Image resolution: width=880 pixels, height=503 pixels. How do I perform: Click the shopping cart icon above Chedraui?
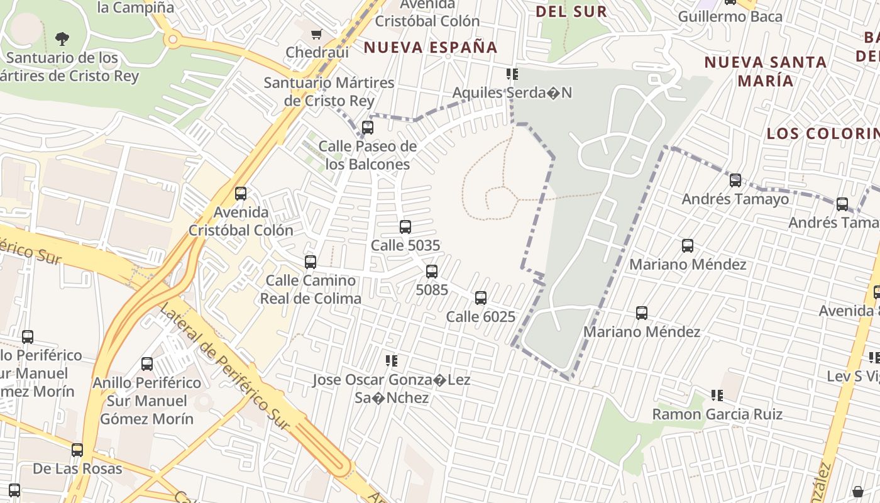coord(317,34)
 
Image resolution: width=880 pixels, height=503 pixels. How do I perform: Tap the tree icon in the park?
coord(62,39)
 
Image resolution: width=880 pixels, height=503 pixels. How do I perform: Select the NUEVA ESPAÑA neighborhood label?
coord(431,47)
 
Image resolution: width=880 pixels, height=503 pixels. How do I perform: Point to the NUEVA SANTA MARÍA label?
coord(765,71)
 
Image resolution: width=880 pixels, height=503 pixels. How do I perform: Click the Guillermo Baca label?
coord(730,16)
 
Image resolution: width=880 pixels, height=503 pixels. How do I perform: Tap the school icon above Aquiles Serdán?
coord(512,75)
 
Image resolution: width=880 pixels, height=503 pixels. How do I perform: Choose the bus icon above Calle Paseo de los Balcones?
coord(368,128)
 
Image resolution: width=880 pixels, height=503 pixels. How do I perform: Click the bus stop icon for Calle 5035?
coord(405,227)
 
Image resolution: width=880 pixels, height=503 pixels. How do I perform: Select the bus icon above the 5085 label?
coord(432,272)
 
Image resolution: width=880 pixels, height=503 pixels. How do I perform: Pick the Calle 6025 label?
coord(480,317)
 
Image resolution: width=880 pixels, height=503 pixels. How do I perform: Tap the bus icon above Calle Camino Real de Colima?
coord(311,262)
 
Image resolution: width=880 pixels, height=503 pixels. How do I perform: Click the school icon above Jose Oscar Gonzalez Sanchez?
coord(392,362)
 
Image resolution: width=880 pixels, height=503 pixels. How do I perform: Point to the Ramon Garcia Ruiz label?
coord(717,414)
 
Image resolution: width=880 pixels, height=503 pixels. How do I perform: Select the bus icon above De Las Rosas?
coord(77,450)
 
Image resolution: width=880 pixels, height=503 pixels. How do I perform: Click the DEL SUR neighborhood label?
coord(571,11)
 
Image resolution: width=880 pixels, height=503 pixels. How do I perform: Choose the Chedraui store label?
coord(317,52)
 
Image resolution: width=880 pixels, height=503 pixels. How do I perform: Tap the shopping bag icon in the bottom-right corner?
coord(858,492)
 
